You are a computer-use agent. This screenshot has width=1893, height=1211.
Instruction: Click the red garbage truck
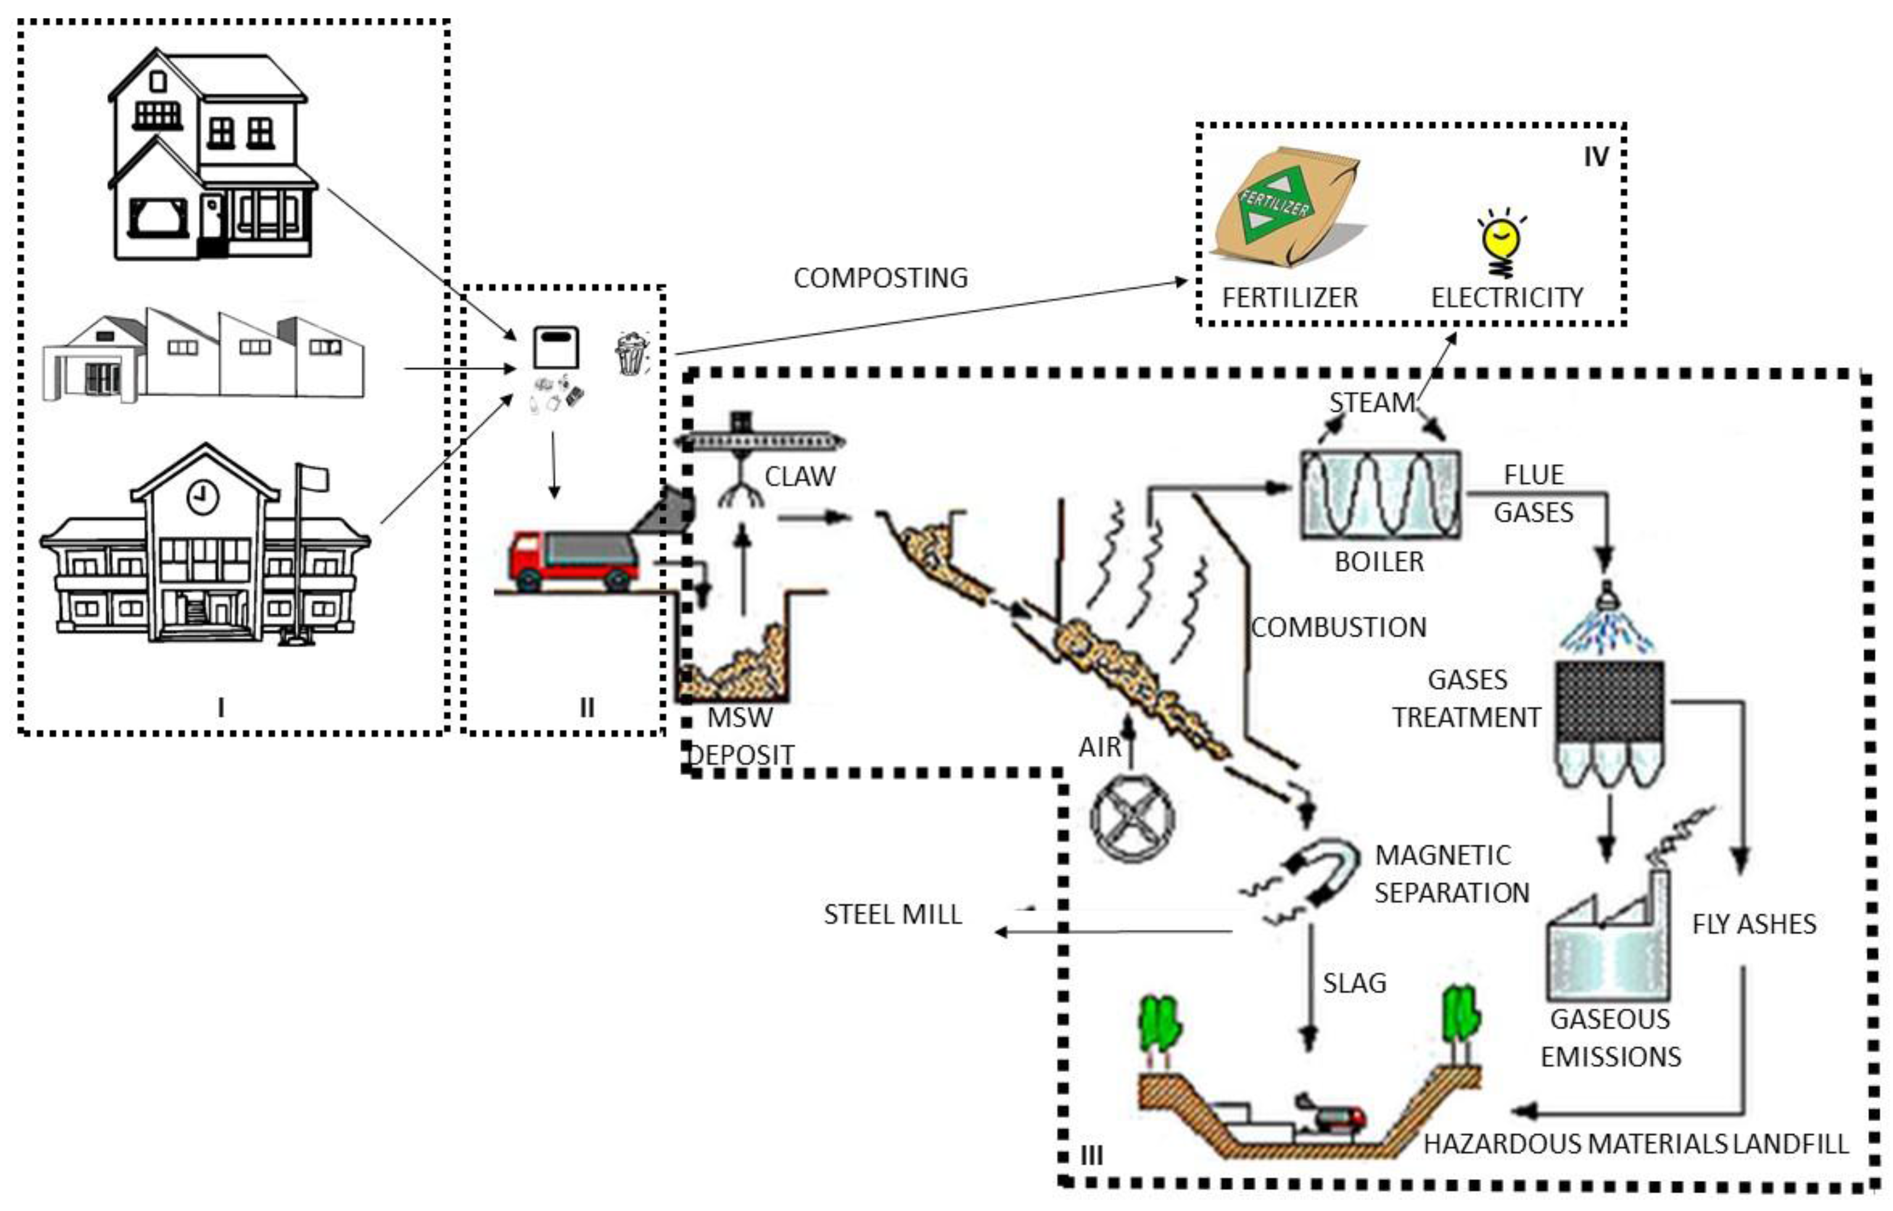pos(574,560)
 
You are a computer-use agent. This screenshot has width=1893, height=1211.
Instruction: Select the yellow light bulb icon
pos(1501,244)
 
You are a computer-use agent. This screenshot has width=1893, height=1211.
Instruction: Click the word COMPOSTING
pos(881,277)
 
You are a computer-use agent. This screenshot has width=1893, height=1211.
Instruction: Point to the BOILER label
pos(1380,562)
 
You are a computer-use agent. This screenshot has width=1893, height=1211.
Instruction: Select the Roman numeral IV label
pos(1595,157)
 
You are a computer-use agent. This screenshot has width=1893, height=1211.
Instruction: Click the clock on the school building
pos(203,497)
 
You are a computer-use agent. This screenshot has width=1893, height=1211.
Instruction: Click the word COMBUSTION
pos(1339,627)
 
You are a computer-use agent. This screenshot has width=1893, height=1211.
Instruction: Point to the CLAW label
pos(800,477)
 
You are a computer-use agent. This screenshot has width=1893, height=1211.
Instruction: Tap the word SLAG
pos(1354,982)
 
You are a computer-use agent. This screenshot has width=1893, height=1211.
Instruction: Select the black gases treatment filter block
pos(1609,701)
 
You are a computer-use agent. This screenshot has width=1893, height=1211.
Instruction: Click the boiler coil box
pos(1380,494)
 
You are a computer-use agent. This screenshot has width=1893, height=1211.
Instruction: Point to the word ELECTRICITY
pos(1507,297)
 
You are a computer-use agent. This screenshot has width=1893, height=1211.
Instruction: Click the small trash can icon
pos(632,354)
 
